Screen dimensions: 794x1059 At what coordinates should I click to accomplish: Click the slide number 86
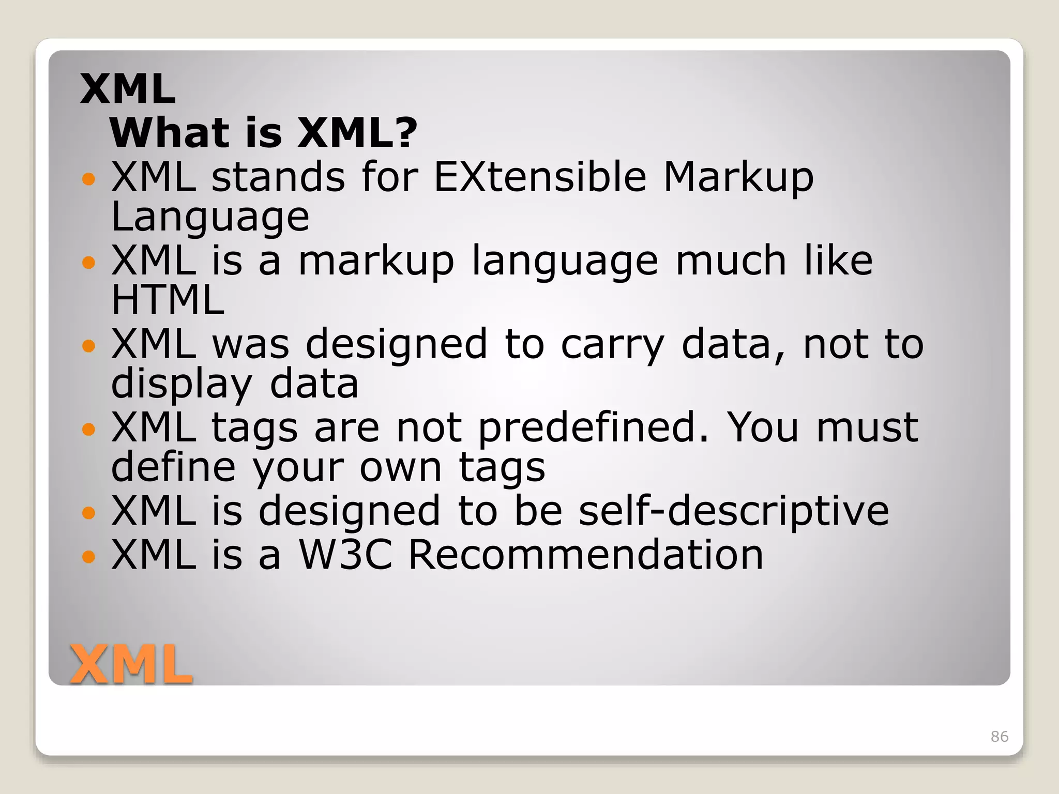coord(999,736)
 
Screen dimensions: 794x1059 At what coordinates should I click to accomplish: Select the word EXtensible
coord(540,177)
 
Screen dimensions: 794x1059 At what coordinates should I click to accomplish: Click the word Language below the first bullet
coord(210,217)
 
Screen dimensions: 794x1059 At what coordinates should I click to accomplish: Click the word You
coord(763,428)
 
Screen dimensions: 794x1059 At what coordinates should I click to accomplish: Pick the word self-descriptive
coord(734,511)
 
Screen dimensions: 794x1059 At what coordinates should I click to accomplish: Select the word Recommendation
coord(586,555)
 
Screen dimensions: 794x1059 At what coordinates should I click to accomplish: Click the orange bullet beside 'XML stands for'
coord(89,179)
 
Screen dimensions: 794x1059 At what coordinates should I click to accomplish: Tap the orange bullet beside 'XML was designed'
coord(89,345)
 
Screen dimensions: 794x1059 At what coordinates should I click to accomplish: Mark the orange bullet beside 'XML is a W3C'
coord(89,557)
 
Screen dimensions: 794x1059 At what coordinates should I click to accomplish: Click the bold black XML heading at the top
coord(128,89)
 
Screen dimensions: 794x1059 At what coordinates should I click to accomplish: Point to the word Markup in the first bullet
coord(738,178)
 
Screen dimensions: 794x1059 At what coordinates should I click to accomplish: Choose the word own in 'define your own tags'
coord(401,467)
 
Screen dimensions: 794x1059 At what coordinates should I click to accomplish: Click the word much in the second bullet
coord(731,261)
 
